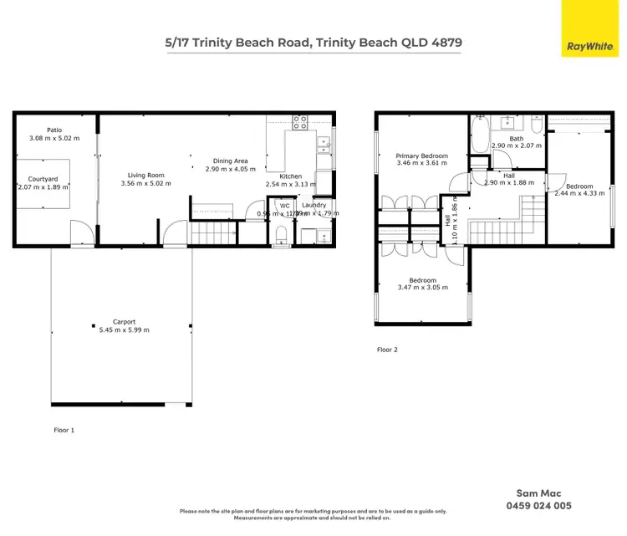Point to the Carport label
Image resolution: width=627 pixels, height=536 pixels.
pos(124,321)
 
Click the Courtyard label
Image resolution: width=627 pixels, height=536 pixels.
pos(43,178)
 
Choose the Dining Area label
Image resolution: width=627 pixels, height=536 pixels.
pos(230,161)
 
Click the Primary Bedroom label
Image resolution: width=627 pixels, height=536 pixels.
pos(422,156)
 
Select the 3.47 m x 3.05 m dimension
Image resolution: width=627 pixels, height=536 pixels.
pos(422,288)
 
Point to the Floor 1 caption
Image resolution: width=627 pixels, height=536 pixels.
pos(64,430)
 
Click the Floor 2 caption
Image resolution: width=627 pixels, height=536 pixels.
pos(387,350)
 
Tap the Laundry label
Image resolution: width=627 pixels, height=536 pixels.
pos(314,205)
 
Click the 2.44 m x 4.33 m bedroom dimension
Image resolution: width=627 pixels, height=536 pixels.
pos(579,193)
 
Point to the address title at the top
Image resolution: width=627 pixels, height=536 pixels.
pos(313,42)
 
